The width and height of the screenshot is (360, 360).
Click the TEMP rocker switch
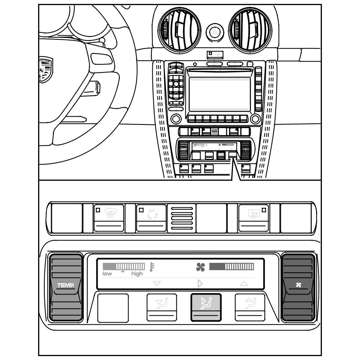coord(66,287)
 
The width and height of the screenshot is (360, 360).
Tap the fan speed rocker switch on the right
coord(298,287)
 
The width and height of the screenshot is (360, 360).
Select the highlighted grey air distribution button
coord(206,307)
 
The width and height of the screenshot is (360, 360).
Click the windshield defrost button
coord(109,217)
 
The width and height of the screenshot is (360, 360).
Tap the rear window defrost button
coord(254,217)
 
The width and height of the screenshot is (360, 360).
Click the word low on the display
coord(107,274)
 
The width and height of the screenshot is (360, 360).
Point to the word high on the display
coord(137,274)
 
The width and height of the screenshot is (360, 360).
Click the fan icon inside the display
coord(201,267)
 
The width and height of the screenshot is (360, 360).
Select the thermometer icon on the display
coord(152,267)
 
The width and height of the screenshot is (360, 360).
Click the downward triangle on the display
coord(157,284)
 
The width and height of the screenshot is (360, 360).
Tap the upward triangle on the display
coord(244,284)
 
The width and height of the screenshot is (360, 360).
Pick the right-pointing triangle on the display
coord(200,284)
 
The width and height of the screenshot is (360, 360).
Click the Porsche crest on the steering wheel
coord(46,69)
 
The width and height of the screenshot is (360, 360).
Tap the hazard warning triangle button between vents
coord(215,33)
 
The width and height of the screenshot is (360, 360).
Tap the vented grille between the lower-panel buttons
coord(181,218)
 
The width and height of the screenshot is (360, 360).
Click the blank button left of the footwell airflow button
coord(113,307)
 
